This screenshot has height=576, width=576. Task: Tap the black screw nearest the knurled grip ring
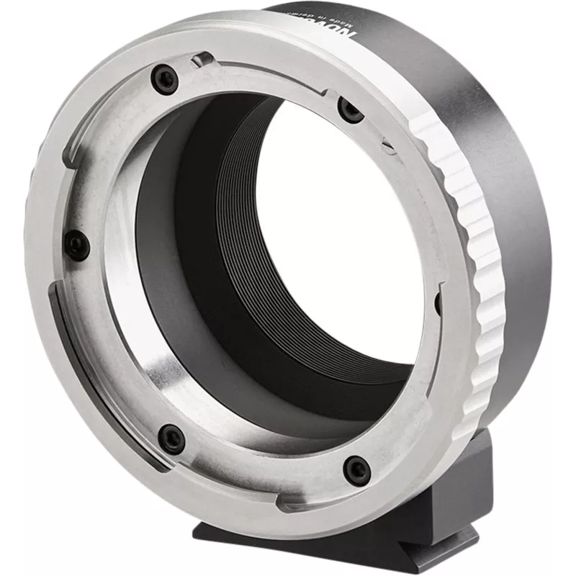[349, 110]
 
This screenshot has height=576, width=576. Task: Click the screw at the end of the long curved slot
[171, 436]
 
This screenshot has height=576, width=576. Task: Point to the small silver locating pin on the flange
[204, 58]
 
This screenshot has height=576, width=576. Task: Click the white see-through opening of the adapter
[338, 238]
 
